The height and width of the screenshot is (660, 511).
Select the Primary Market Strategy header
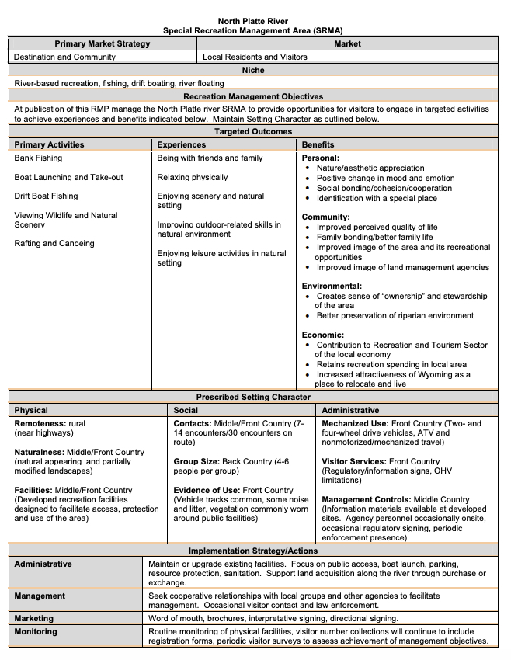click(103, 44)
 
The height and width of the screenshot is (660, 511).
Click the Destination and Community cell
click(64, 57)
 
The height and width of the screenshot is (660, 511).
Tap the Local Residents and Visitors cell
click(255, 57)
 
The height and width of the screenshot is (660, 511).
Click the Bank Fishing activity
click(38, 158)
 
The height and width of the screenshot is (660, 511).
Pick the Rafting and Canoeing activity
click(54, 244)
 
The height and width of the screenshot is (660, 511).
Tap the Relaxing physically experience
click(193, 178)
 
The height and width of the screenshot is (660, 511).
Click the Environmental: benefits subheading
click(332, 287)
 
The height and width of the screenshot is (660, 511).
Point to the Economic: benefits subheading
click(322, 335)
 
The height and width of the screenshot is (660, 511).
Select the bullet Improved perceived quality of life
click(377, 228)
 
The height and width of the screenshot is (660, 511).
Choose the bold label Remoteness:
click(40, 424)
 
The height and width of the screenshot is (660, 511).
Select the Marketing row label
click(34, 619)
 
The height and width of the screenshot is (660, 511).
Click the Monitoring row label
click(36, 632)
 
